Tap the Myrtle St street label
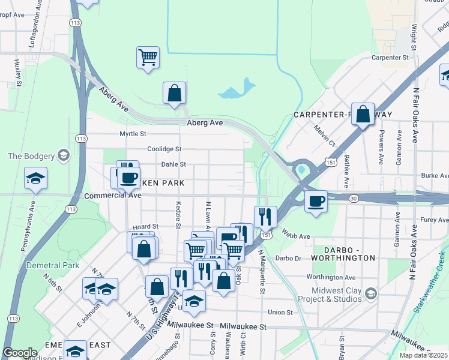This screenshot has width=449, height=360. pyautogui.click(x=133, y=134)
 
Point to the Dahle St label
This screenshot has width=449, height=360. pyautogui.click(x=173, y=164)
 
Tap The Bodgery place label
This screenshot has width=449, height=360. pyautogui.click(x=31, y=157)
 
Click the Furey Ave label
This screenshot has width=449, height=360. pyautogui.click(x=435, y=221)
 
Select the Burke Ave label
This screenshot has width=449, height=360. pyautogui.click(x=435, y=176)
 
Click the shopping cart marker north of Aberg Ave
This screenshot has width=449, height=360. pyautogui.click(x=148, y=58)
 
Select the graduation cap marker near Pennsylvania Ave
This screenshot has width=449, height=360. pyautogui.click(x=36, y=178)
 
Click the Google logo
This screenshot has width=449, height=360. pyautogui.click(x=20, y=353)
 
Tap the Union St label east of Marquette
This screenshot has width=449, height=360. pyautogui.click(x=280, y=312)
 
